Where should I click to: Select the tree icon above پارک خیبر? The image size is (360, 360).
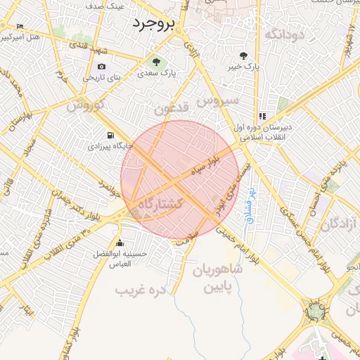pos(243,56)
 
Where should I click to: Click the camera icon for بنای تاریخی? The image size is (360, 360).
pos(102,67)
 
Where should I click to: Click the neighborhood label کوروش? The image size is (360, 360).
pos(85,105)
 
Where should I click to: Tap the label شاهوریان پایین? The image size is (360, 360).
pos(219,278)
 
